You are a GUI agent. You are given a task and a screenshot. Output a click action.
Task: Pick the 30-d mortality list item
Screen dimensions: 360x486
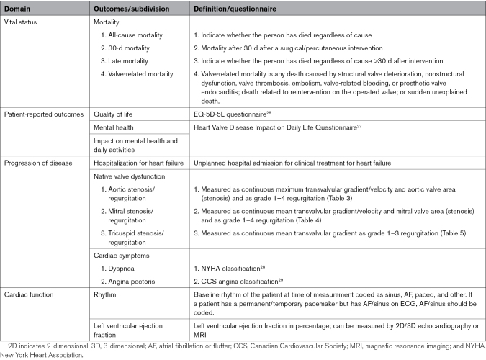pyautogui.click(x=130, y=48)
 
